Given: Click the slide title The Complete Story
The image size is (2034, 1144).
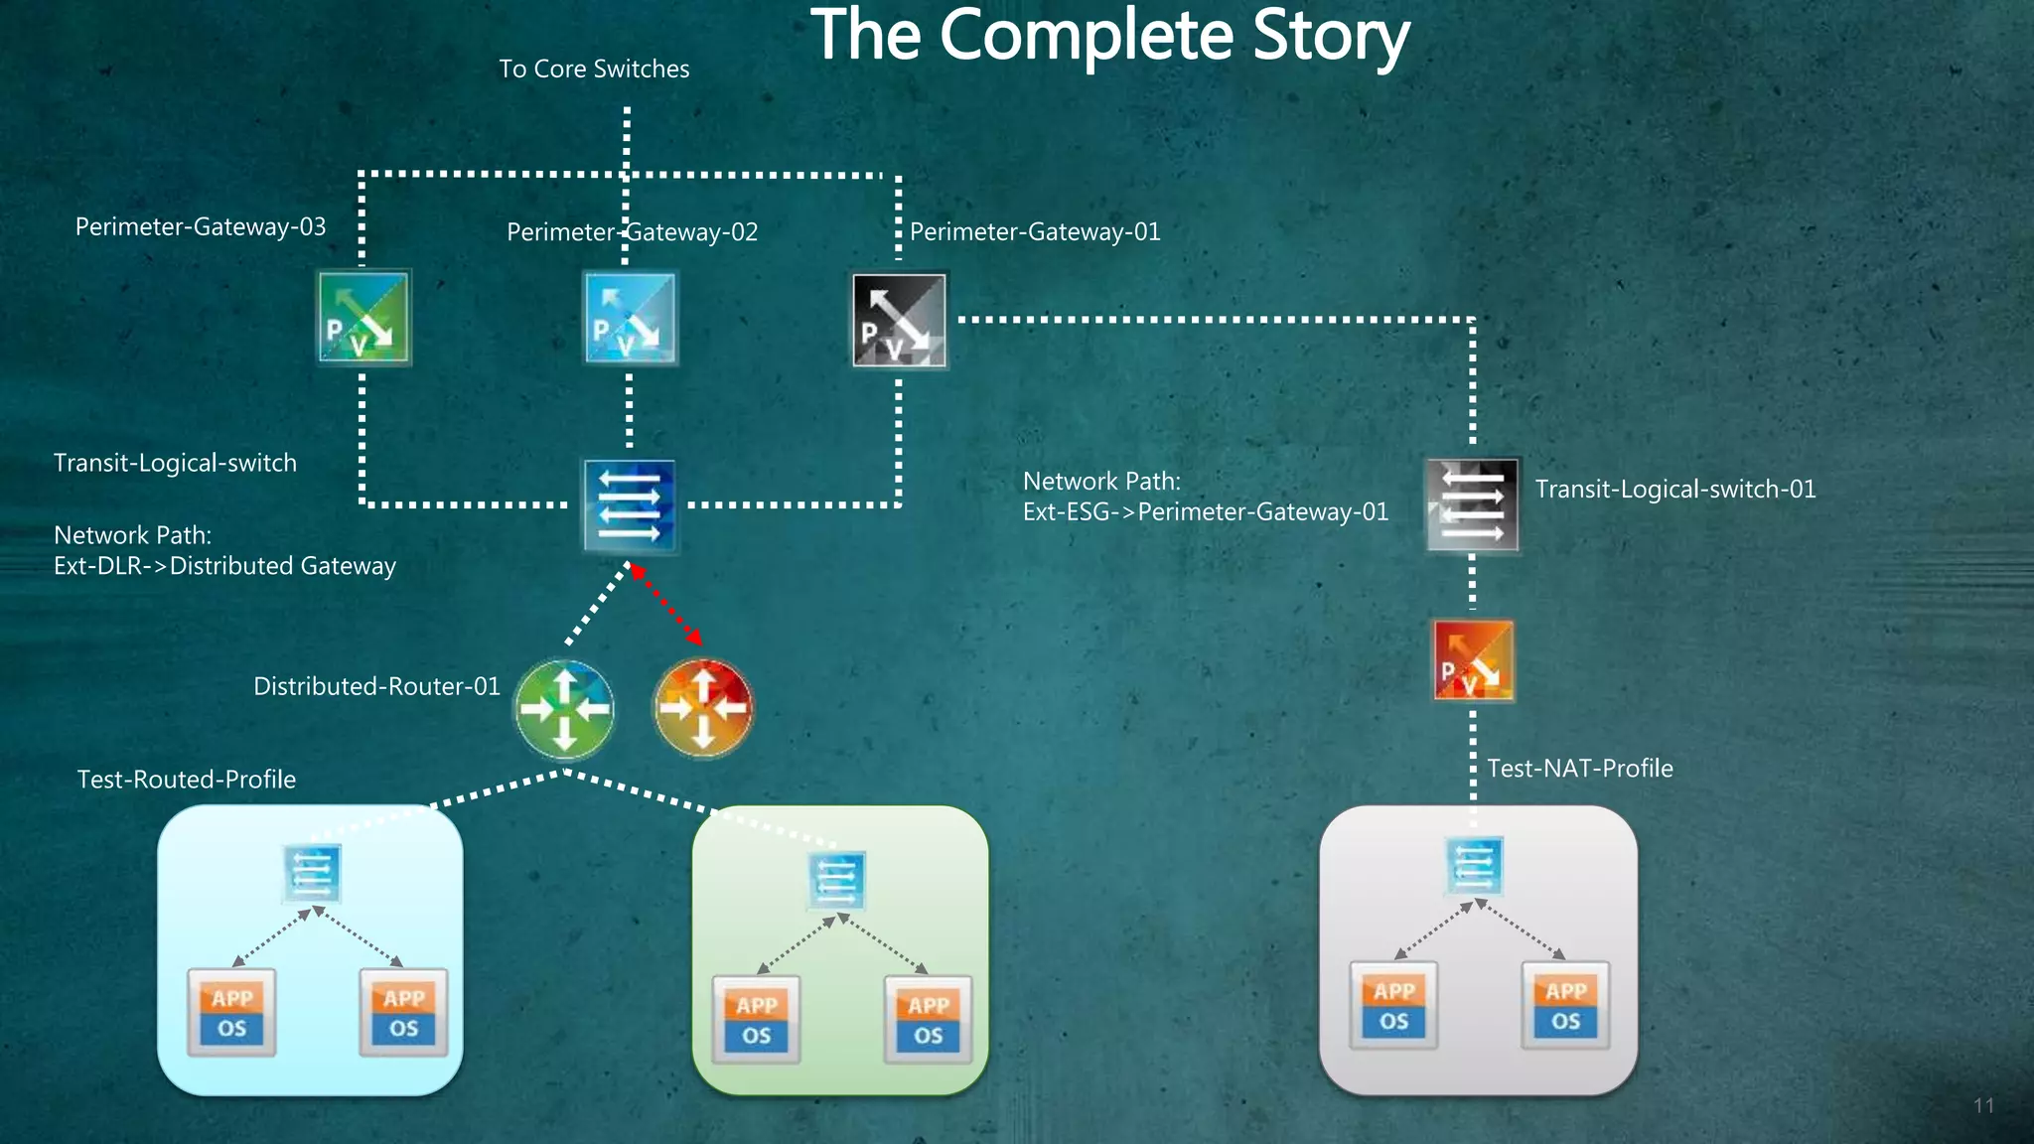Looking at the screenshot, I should pos(1109,37).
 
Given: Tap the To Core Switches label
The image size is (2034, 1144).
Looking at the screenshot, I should pos(594,69).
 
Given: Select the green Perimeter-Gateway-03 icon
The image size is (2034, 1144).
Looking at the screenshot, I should pos(363,318).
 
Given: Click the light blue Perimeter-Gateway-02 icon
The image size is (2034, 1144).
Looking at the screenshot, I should pos(630,319).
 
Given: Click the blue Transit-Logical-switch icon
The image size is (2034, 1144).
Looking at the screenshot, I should pos(630,505).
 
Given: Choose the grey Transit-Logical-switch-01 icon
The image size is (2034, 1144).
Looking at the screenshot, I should pos(1472,504).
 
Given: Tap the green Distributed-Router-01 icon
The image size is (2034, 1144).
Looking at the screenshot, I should pos(564,708).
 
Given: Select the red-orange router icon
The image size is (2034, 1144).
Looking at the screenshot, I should pos(703,708).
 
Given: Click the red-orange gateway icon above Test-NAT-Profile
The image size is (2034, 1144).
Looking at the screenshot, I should pos(1473,660).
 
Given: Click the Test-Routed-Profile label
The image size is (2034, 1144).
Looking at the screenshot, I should pos(187,780).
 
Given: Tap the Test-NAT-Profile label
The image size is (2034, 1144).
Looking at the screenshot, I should pos(1579,769).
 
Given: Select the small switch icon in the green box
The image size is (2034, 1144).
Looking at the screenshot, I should pos(836,879).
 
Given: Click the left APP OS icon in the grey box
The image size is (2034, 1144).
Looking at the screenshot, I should pos(1393,1005).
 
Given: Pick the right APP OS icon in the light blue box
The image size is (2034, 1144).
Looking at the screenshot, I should pos(403,1012).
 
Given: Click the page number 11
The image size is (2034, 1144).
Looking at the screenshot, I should pos(1983,1106).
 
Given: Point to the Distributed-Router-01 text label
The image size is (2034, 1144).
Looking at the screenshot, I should pos(376,686).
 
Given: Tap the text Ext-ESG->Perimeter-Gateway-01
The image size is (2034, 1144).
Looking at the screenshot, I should pos(1206,512).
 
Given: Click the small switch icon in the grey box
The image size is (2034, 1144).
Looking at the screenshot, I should pos(1474,865).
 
